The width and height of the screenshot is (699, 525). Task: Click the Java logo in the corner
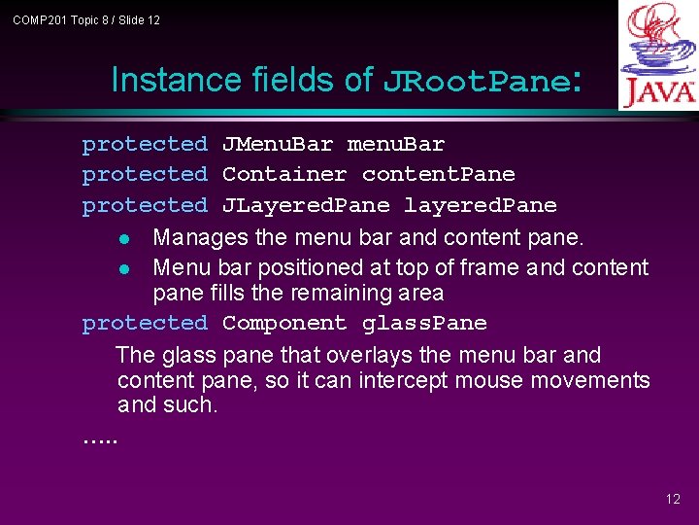(x=657, y=55)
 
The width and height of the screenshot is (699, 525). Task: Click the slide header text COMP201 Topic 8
(x=86, y=19)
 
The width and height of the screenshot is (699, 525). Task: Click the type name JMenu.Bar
(x=278, y=145)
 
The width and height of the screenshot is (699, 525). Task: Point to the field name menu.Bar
(x=396, y=145)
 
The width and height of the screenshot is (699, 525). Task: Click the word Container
(x=284, y=175)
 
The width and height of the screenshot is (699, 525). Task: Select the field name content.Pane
(x=439, y=175)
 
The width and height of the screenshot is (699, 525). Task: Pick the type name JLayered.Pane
(x=306, y=205)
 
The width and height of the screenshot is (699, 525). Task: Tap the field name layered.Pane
(x=481, y=205)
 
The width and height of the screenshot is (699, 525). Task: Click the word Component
(x=284, y=323)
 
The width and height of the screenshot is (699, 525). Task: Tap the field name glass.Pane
(x=424, y=323)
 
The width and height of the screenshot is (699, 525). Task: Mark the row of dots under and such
(x=99, y=438)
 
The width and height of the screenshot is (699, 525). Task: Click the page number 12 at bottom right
(x=673, y=499)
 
